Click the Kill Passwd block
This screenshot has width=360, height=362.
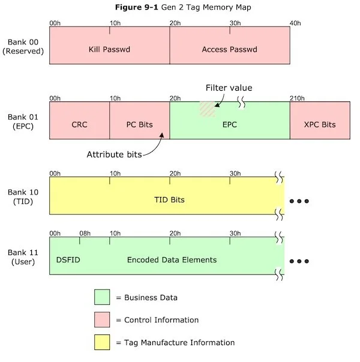(109, 49)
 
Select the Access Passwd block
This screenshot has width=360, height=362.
(230, 49)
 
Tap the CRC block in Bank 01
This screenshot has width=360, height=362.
(79, 125)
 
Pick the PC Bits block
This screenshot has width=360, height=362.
(139, 125)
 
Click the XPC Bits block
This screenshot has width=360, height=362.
(319, 125)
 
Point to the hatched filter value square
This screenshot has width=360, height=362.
(207, 109)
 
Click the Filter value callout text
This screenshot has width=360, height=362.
(229, 88)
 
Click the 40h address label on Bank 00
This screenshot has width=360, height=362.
(295, 23)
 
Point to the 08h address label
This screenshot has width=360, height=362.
(85, 233)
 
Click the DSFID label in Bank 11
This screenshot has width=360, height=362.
(67, 260)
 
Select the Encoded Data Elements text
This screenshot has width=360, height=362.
(172, 260)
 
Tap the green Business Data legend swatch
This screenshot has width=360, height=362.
(102, 297)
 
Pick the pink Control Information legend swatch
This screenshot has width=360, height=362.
(102, 320)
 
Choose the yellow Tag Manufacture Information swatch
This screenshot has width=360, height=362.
(102, 343)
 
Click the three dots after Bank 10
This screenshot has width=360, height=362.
(299, 201)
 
